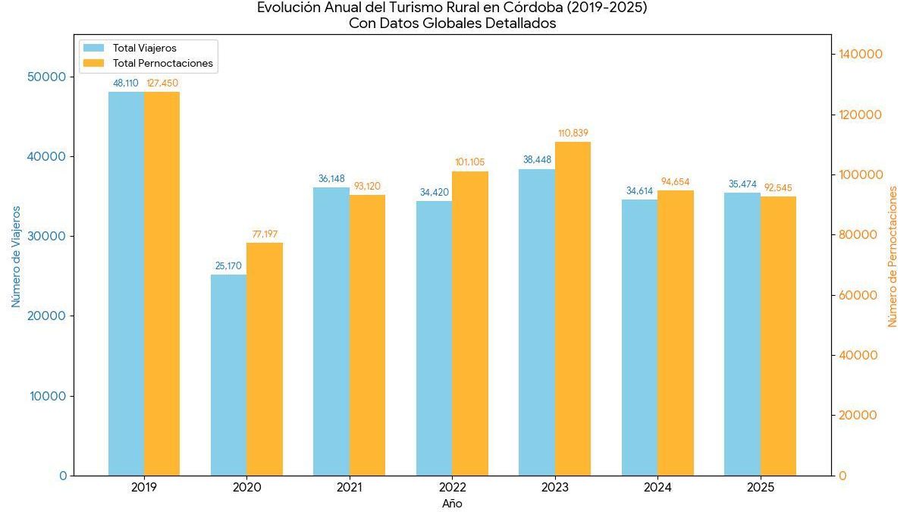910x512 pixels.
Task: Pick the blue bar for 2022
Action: point(434,338)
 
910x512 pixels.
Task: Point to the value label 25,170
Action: point(228,266)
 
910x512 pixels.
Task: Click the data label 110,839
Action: point(573,133)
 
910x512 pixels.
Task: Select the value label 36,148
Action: point(331,179)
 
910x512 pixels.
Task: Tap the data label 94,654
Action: point(676,182)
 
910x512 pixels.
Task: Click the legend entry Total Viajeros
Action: point(144,49)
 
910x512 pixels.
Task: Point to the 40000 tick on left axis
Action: point(48,157)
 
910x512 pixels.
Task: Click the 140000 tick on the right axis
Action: point(860,55)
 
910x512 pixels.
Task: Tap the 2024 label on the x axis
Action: point(657,488)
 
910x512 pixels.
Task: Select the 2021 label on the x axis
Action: point(349,488)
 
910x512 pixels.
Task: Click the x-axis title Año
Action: point(452,504)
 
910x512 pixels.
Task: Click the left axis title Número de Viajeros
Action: point(16,256)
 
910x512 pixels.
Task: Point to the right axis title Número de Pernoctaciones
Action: point(893,256)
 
